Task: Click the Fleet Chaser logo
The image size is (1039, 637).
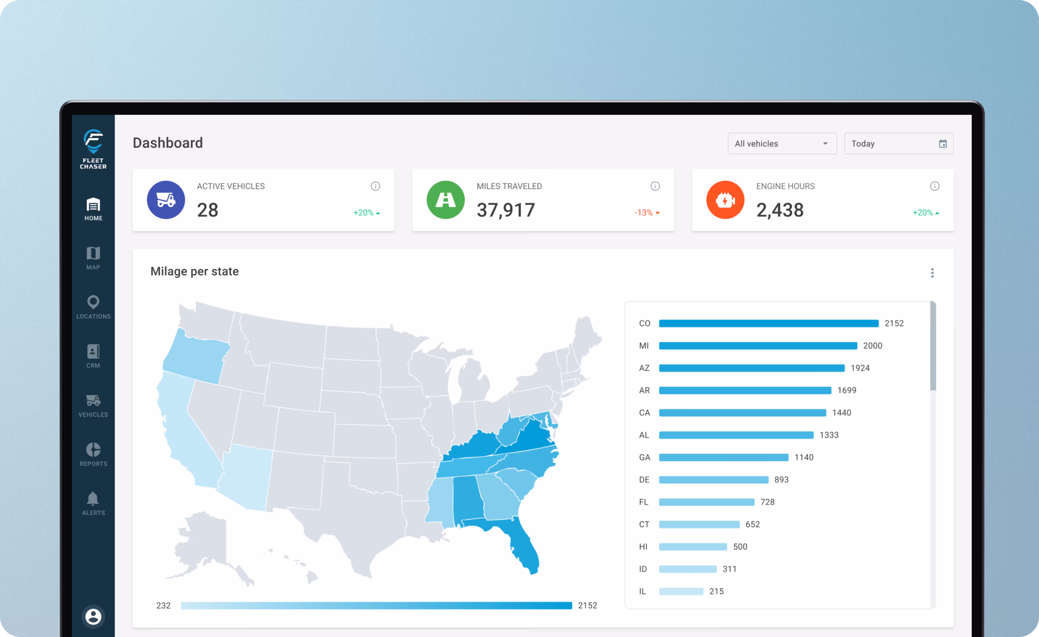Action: (93, 149)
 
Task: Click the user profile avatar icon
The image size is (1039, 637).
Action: (93, 616)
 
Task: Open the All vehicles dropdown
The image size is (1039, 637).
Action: (782, 143)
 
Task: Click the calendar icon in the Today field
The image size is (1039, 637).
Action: (943, 144)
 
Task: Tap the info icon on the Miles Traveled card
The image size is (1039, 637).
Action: (655, 186)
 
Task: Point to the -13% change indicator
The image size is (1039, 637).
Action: (647, 213)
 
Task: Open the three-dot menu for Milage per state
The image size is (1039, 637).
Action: (932, 273)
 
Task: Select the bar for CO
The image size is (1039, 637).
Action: (769, 323)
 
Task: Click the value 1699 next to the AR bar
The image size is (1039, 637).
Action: (847, 390)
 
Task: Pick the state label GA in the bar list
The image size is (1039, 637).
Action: (644, 457)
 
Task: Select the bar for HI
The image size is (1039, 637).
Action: (693, 547)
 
